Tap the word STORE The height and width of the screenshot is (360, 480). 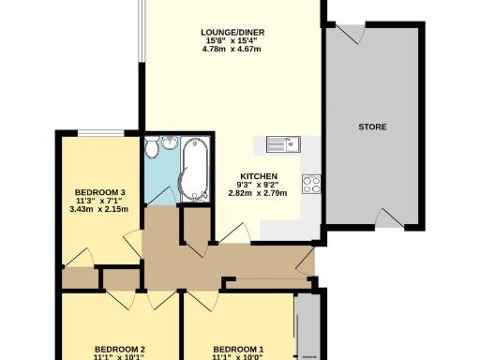pyautogui.click(x=371, y=127)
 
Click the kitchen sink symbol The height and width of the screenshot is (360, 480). pyautogui.click(x=281, y=143)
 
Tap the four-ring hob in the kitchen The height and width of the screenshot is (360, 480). pyautogui.click(x=311, y=182)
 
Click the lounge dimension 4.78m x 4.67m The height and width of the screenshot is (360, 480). pyautogui.click(x=231, y=50)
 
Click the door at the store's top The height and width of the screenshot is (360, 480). pyautogui.click(x=351, y=33)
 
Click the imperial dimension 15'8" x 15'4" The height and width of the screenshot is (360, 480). pyautogui.click(x=231, y=41)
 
